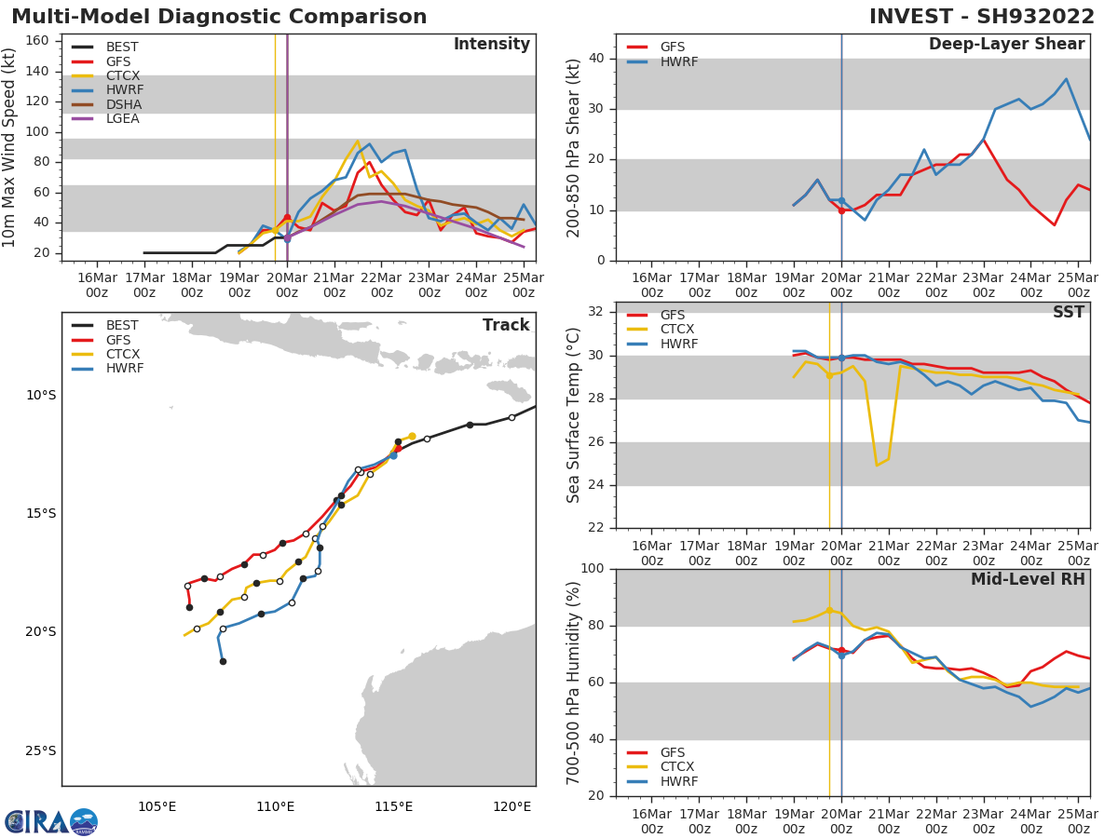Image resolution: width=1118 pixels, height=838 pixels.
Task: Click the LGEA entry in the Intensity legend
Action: click(121, 119)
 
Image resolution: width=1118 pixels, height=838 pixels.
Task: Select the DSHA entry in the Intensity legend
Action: click(121, 104)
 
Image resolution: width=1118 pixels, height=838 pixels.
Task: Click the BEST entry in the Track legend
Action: click(121, 326)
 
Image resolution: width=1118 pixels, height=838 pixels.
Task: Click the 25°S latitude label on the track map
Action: click(40, 750)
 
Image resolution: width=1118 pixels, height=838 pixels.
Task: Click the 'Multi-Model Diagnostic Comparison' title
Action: click(219, 17)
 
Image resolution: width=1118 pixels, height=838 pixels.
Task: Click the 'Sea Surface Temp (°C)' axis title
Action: click(574, 415)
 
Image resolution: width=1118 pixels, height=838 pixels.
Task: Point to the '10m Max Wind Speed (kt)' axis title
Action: click(10, 147)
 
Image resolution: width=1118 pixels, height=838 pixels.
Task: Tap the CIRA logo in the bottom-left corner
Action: click(51, 821)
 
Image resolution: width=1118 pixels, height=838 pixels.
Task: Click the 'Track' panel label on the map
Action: click(506, 326)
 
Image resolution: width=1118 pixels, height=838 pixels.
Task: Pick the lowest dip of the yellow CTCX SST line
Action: click(877, 465)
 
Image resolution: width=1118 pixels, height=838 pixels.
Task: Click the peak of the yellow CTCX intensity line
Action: click(357, 142)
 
